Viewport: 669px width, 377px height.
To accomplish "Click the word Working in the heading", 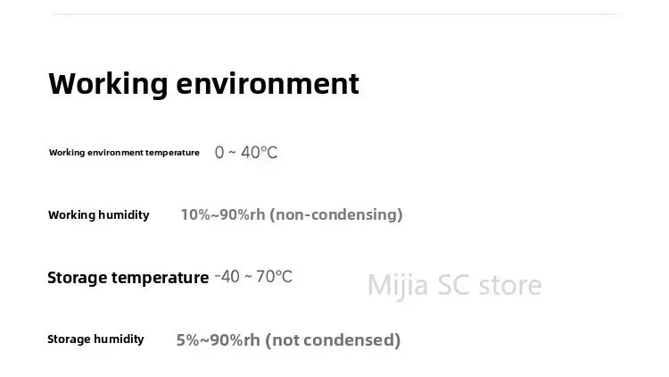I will pyautogui.click(x=108, y=84).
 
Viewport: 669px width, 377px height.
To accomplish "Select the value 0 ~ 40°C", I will pyautogui.click(x=246, y=153).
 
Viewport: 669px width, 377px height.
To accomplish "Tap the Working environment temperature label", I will pyautogui.click(x=124, y=153).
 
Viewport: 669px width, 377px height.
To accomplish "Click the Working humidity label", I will pyautogui.click(x=98, y=214).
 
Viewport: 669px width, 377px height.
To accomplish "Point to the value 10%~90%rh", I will pyautogui.click(x=222, y=214).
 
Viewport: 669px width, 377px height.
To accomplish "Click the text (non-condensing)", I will pyautogui.click(x=335, y=214).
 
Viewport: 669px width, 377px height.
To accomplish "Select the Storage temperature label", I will pyautogui.click(x=128, y=278).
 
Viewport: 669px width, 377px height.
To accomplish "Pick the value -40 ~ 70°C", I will pyautogui.click(x=253, y=277).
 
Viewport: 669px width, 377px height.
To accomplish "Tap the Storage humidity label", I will pyautogui.click(x=95, y=339).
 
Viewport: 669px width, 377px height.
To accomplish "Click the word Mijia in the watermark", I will pyautogui.click(x=398, y=285).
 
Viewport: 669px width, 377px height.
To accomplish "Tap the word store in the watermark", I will pyautogui.click(x=509, y=285).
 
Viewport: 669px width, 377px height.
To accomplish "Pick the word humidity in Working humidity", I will pyautogui.click(x=123, y=214).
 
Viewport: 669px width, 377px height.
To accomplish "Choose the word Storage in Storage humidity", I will pyautogui.click(x=69, y=339).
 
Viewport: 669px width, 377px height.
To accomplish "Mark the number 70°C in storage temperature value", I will pyautogui.click(x=274, y=277).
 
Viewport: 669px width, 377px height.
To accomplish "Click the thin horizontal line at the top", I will pyautogui.click(x=334, y=13).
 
